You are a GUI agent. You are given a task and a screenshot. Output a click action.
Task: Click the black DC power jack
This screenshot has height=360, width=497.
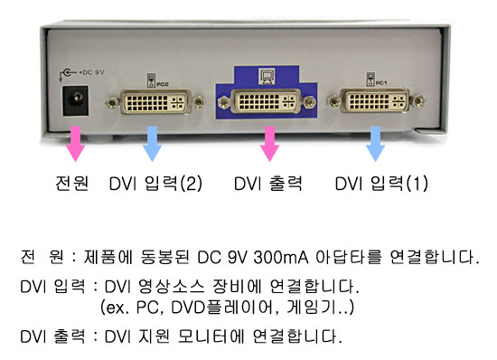click(x=75, y=100)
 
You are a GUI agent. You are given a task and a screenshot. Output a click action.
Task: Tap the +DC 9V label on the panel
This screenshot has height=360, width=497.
click(x=91, y=72)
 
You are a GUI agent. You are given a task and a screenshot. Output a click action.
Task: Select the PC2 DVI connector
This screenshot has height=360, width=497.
click(x=155, y=102)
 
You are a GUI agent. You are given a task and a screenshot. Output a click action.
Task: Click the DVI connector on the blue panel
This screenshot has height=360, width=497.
click(x=267, y=101)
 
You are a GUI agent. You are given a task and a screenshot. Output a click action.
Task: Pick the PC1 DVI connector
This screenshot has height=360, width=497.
click(x=375, y=101)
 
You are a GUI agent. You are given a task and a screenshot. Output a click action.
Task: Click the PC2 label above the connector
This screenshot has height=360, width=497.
click(x=163, y=84)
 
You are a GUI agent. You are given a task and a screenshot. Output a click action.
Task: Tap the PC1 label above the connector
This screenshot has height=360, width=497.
click(x=381, y=83)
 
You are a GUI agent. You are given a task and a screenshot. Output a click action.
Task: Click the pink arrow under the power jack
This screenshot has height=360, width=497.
click(x=75, y=144)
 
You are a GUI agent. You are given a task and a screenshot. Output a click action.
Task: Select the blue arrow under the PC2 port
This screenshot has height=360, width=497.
click(x=152, y=144)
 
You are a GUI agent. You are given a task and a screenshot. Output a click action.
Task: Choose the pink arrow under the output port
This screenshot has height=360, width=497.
click(x=269, y=144)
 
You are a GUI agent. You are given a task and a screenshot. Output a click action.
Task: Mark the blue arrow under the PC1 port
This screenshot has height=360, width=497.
click(x=375, y=144)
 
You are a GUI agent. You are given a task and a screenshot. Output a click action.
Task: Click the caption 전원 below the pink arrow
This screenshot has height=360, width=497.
click(x=72, y=183)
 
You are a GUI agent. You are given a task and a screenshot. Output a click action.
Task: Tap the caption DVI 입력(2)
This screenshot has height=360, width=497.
click(x=155, y=184)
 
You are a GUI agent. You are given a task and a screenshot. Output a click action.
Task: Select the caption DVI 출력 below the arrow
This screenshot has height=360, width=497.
click(x=268, y=184)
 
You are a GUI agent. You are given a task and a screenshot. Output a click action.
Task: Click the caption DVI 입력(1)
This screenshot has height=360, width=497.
click(x=381, y=184)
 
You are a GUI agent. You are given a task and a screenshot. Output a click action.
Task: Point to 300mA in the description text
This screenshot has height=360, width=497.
click(x=281, y=257)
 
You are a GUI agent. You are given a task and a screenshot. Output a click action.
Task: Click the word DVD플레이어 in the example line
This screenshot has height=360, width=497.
click(x=225, y=307)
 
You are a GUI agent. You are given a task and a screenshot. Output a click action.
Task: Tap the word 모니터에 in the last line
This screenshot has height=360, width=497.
click(x=211, y=336)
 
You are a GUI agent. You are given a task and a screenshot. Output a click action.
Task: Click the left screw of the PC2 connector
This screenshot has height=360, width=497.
click(x=111, y=102)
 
